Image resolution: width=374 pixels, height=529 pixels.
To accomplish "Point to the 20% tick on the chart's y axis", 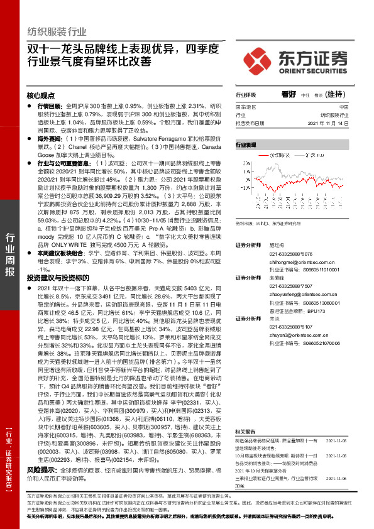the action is click(x=245, y=165).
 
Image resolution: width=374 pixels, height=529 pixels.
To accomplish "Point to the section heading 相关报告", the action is click(x=245, y=414).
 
